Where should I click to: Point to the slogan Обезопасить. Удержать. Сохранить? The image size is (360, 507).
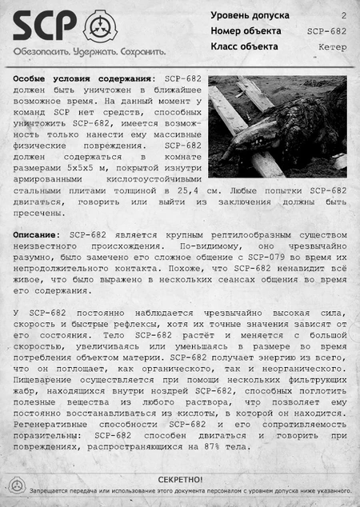coord(88,50)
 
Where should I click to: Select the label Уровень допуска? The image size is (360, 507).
coord(250,15)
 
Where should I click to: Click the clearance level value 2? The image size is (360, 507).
coord(344,15)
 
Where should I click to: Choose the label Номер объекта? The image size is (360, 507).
coord(246,30)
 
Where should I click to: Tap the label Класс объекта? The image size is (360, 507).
coord(244,46)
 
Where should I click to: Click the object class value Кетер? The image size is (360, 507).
coord(332,47)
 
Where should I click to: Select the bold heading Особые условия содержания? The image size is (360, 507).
coord(83,80)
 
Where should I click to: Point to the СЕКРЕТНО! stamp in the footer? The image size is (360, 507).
coord(180,479)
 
